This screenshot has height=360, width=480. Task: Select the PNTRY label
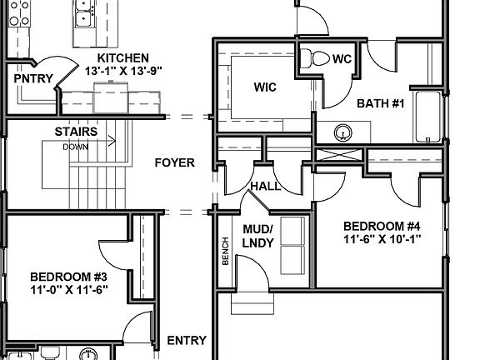[x=33, y=79]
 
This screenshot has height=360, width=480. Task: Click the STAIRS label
[x=76, y=132]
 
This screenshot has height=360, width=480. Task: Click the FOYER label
[x=174, y=162]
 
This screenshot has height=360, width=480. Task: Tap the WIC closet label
[x=265, y=87]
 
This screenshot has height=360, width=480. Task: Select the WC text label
[x=342, y=59]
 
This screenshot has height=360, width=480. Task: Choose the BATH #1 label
[x=380, y=104]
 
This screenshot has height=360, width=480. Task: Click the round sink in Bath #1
[x=342, y=132]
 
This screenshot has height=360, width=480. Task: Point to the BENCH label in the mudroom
[x=225, y=252]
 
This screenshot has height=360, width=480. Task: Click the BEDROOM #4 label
[x=382, y=226]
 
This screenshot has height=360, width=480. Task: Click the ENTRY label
[x=187, y=340]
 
